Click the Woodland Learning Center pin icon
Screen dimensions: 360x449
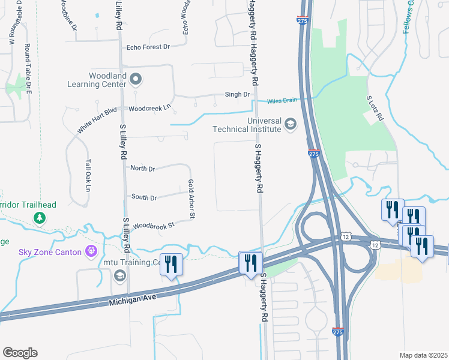pyautogui.click(x=136, y=79)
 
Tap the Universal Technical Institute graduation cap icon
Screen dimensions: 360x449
pyautogui.click(x=291, y=124)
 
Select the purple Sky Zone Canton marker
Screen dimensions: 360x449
pyautogui.click(x=91, y=251)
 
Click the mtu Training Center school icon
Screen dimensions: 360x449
pyautogui.click(x=119, y=275)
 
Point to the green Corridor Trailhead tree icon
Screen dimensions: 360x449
pyautogui.click(x=40, y=217)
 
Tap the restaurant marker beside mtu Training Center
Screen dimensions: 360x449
pyautogui.click(x=171, y=264)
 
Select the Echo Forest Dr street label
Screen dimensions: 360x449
pyautogui.click(x=148, y=47)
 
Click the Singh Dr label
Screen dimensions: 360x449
pyautogui.click(x=237, y=94)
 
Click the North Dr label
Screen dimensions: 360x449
pyautogui.click(x=143, y=169)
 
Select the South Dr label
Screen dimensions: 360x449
pyautogui.click(x=144, y=197)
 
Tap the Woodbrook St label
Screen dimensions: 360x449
pyautogui.click(x=153, y=226)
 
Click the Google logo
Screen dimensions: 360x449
pyautogui.click(x=20, y=353)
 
